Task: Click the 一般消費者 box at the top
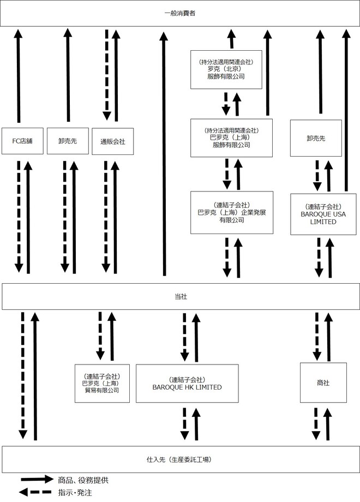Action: point(180,13)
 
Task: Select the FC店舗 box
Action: point(22,141)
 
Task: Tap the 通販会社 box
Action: point(113,141)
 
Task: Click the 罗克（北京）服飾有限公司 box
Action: point(226,69)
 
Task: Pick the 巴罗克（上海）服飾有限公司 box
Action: point(231,138)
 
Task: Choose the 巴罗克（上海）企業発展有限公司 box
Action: point(232,213)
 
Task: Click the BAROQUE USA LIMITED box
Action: point(323,214)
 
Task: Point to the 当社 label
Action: point(181,296)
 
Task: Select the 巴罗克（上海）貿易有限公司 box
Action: point(102,383)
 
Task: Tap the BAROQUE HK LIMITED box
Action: point(187,384)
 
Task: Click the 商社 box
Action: point(323,383)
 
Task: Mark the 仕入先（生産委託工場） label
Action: point(179,459)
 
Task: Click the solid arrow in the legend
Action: point(37,479)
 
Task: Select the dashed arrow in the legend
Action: point(35,492)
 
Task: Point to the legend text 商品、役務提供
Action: point(83,480)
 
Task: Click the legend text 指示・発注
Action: point(75,492)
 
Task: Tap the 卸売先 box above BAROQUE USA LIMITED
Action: point(316,138)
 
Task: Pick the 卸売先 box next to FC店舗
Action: point(68,141)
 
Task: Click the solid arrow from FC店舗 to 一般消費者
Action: point(18,75)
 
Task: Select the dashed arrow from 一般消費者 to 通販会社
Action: point(107,75)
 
